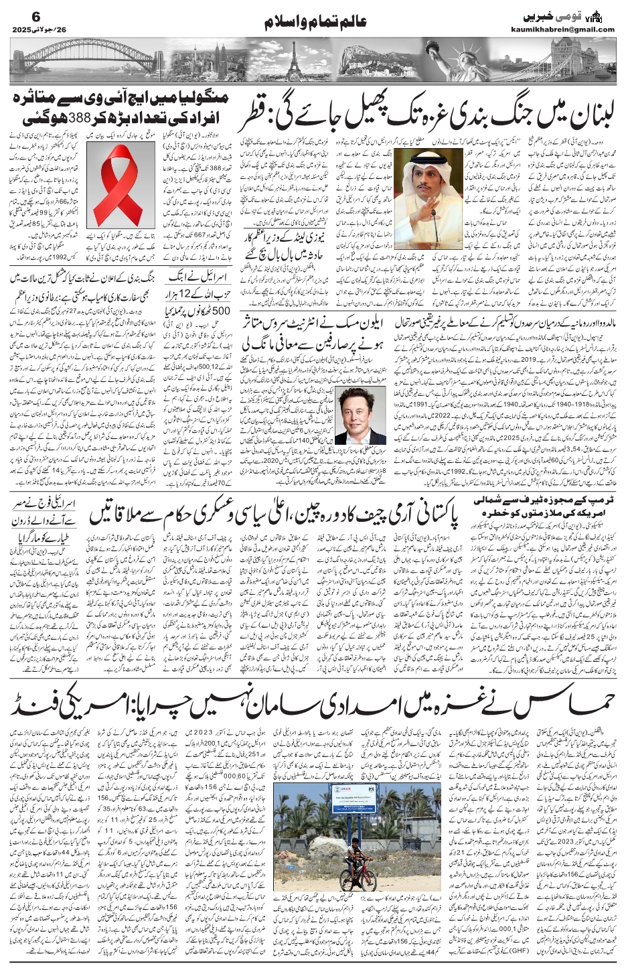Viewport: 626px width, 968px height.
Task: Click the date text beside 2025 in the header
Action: pos(54,29)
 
